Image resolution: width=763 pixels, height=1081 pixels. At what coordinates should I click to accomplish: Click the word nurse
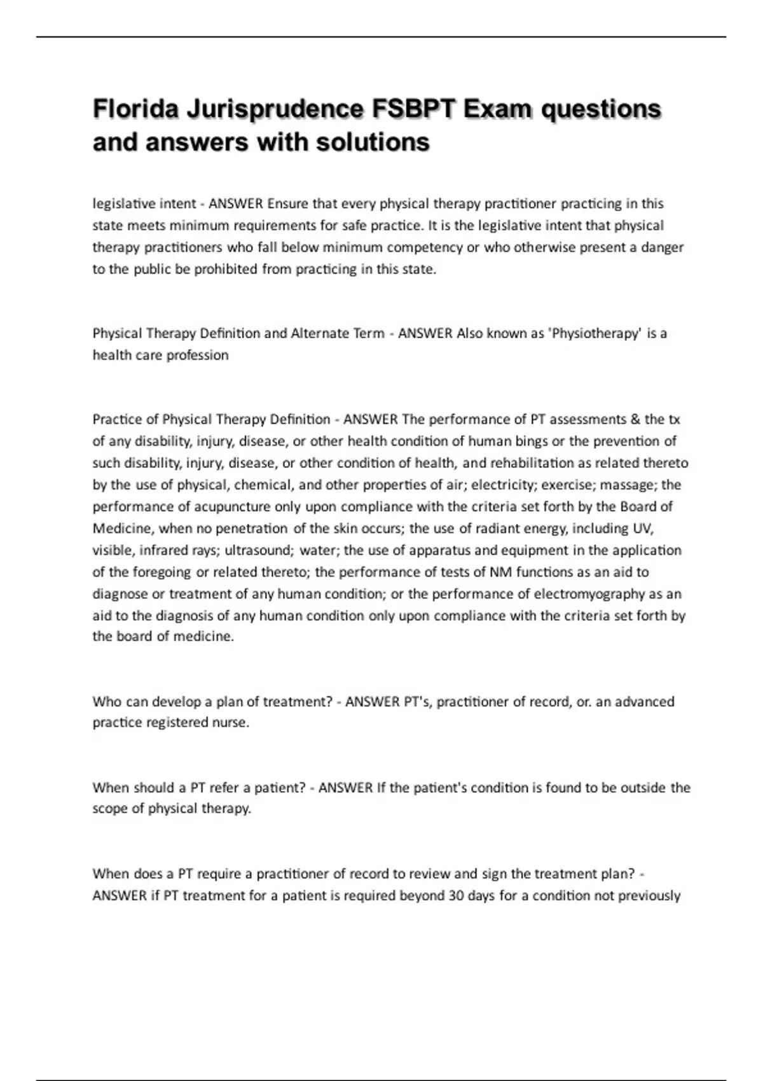click(230, 723)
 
